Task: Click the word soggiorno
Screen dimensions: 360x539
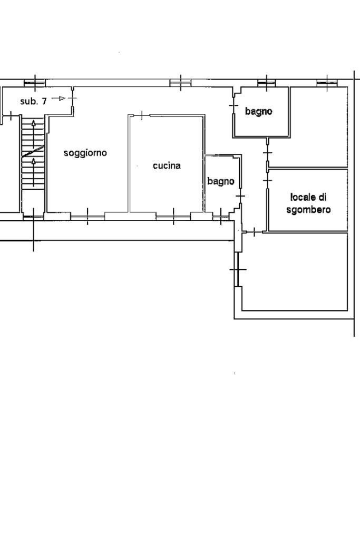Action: [85, 153]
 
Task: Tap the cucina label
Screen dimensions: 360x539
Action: [167, 165]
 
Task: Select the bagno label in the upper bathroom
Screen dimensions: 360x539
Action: [259, 111]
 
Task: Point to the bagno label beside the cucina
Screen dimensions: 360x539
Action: [221, 181]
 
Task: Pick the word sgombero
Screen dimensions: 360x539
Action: [308, 210]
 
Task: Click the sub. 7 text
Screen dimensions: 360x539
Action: [33, 101]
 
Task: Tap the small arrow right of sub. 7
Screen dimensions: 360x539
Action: [59, 99]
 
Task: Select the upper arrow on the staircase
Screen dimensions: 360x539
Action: [33, 129]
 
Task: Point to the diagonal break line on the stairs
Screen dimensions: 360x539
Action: [33, 151]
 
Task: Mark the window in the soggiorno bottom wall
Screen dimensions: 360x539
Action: [87, 217]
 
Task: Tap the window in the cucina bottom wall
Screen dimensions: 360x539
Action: [173, 217]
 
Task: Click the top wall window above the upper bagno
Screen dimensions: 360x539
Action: [267, 83]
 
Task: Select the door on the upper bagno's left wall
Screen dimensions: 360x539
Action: [234, 104]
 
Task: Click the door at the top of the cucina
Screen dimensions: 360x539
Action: [142, 116]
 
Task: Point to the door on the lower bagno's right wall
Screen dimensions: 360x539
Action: [240, 196]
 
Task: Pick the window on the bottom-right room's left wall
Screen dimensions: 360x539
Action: [237, 270]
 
